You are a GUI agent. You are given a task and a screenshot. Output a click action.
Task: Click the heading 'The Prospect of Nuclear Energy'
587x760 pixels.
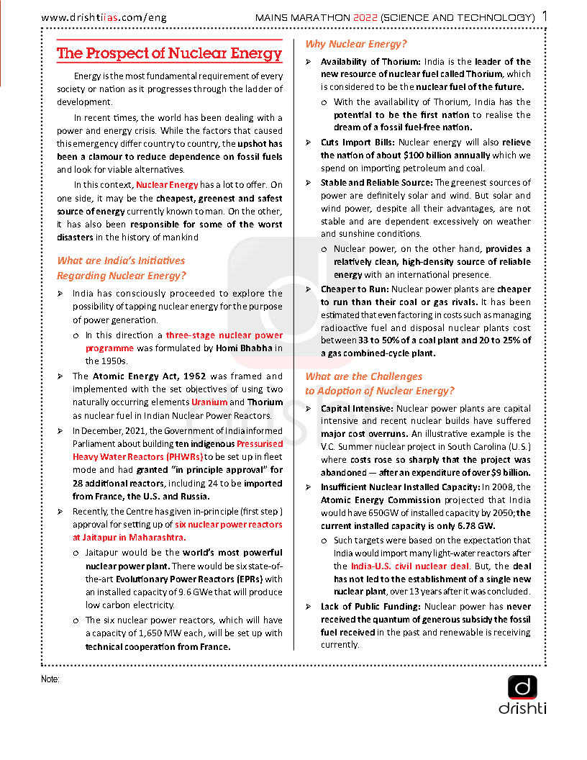[169, 54]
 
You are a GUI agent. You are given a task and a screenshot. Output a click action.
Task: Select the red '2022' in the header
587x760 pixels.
[362, 17]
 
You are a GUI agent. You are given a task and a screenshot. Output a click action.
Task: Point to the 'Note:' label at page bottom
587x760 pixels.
[50, 679]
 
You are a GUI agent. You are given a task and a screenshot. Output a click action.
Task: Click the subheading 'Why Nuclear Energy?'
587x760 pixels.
[356, 45]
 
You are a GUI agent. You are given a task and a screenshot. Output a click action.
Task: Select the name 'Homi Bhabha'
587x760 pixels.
[241, 348]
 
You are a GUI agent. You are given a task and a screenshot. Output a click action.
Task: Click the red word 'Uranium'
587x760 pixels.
[209, 402]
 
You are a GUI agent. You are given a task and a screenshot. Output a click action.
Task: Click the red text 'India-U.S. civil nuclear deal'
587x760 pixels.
[410, 566]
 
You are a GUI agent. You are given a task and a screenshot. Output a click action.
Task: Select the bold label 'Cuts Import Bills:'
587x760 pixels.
[358, 142]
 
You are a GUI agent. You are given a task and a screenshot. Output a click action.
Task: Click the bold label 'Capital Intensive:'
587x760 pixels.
[358, 408]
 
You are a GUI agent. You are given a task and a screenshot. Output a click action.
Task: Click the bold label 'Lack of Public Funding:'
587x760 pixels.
[370, 607]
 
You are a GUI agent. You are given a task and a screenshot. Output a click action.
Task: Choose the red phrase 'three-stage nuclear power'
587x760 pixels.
[224, 335]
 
